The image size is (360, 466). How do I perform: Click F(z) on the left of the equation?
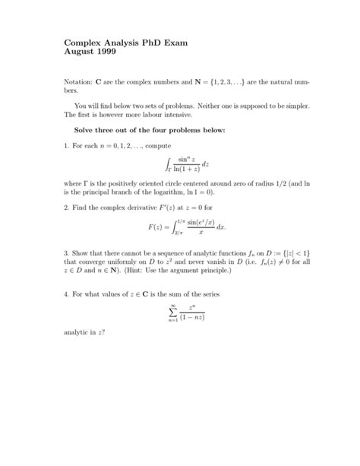pyautogui.click(x=157, y=226)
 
